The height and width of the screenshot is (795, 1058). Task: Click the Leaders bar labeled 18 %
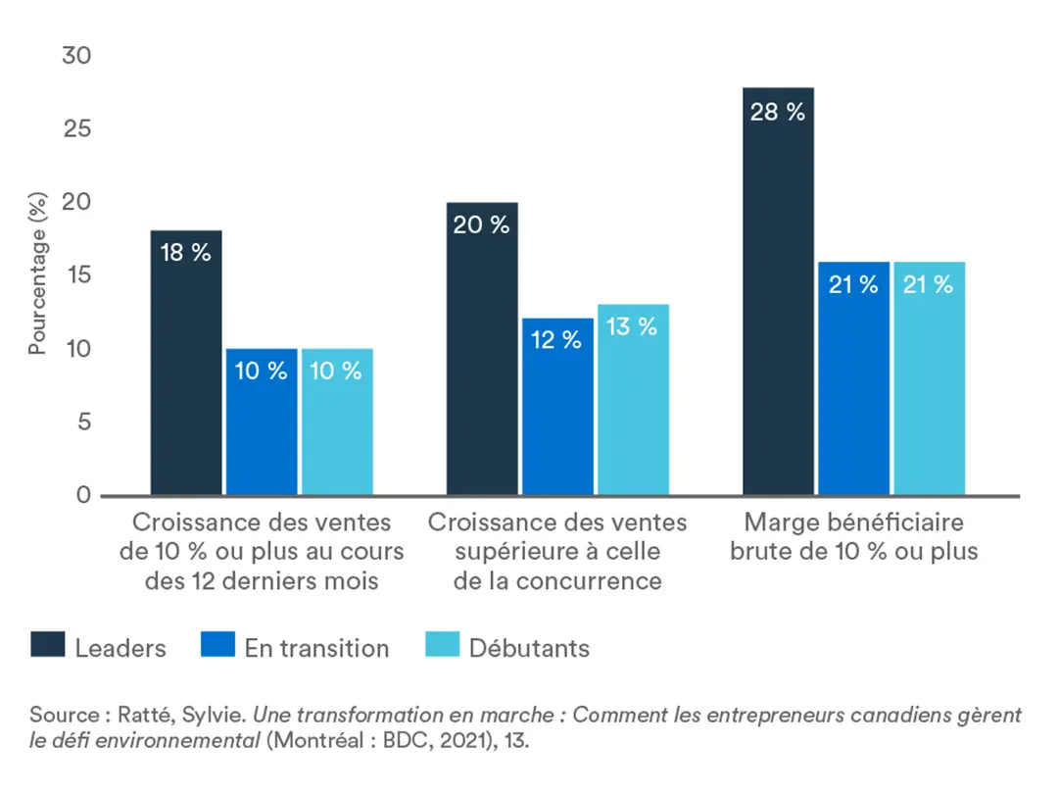coord(186,363)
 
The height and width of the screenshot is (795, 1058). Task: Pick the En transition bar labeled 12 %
coord(557,407)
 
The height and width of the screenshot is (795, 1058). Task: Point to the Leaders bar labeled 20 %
coord(482,349)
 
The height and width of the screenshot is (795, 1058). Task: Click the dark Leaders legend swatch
coord(47,647)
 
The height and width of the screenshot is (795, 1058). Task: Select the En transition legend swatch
coord(216,647)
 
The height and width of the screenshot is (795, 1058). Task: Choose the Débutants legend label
coord(529,648)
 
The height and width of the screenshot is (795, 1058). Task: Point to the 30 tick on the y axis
coord(76,56)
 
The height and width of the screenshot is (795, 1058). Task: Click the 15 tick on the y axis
coord(76,275)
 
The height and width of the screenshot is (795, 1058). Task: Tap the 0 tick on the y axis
coord(83,496)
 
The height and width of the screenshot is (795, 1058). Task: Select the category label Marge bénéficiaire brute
coord(853,536)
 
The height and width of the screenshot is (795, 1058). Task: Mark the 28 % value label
coord(778,112)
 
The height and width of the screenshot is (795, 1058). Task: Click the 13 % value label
coord(633,327)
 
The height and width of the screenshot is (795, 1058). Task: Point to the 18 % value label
coord(186,253)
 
